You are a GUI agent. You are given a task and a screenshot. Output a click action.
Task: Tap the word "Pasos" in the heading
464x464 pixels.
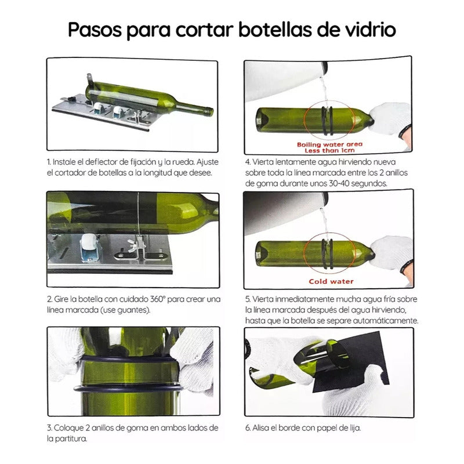coord(95,30)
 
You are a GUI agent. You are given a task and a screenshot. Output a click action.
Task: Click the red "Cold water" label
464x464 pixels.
coord(331,281)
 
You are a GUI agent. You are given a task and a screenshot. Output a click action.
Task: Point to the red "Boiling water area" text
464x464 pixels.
coord(329,144)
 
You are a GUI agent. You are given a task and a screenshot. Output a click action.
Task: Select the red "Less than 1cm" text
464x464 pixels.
coord(329,151)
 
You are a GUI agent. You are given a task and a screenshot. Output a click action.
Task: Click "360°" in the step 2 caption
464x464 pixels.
coord(157,299)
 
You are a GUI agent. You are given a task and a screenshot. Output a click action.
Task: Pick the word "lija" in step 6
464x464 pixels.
coord(355,428)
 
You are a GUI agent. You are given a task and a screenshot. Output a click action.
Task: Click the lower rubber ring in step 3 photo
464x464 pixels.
coord(127,388)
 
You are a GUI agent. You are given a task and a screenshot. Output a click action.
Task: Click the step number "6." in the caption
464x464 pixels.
coord(248,428)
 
